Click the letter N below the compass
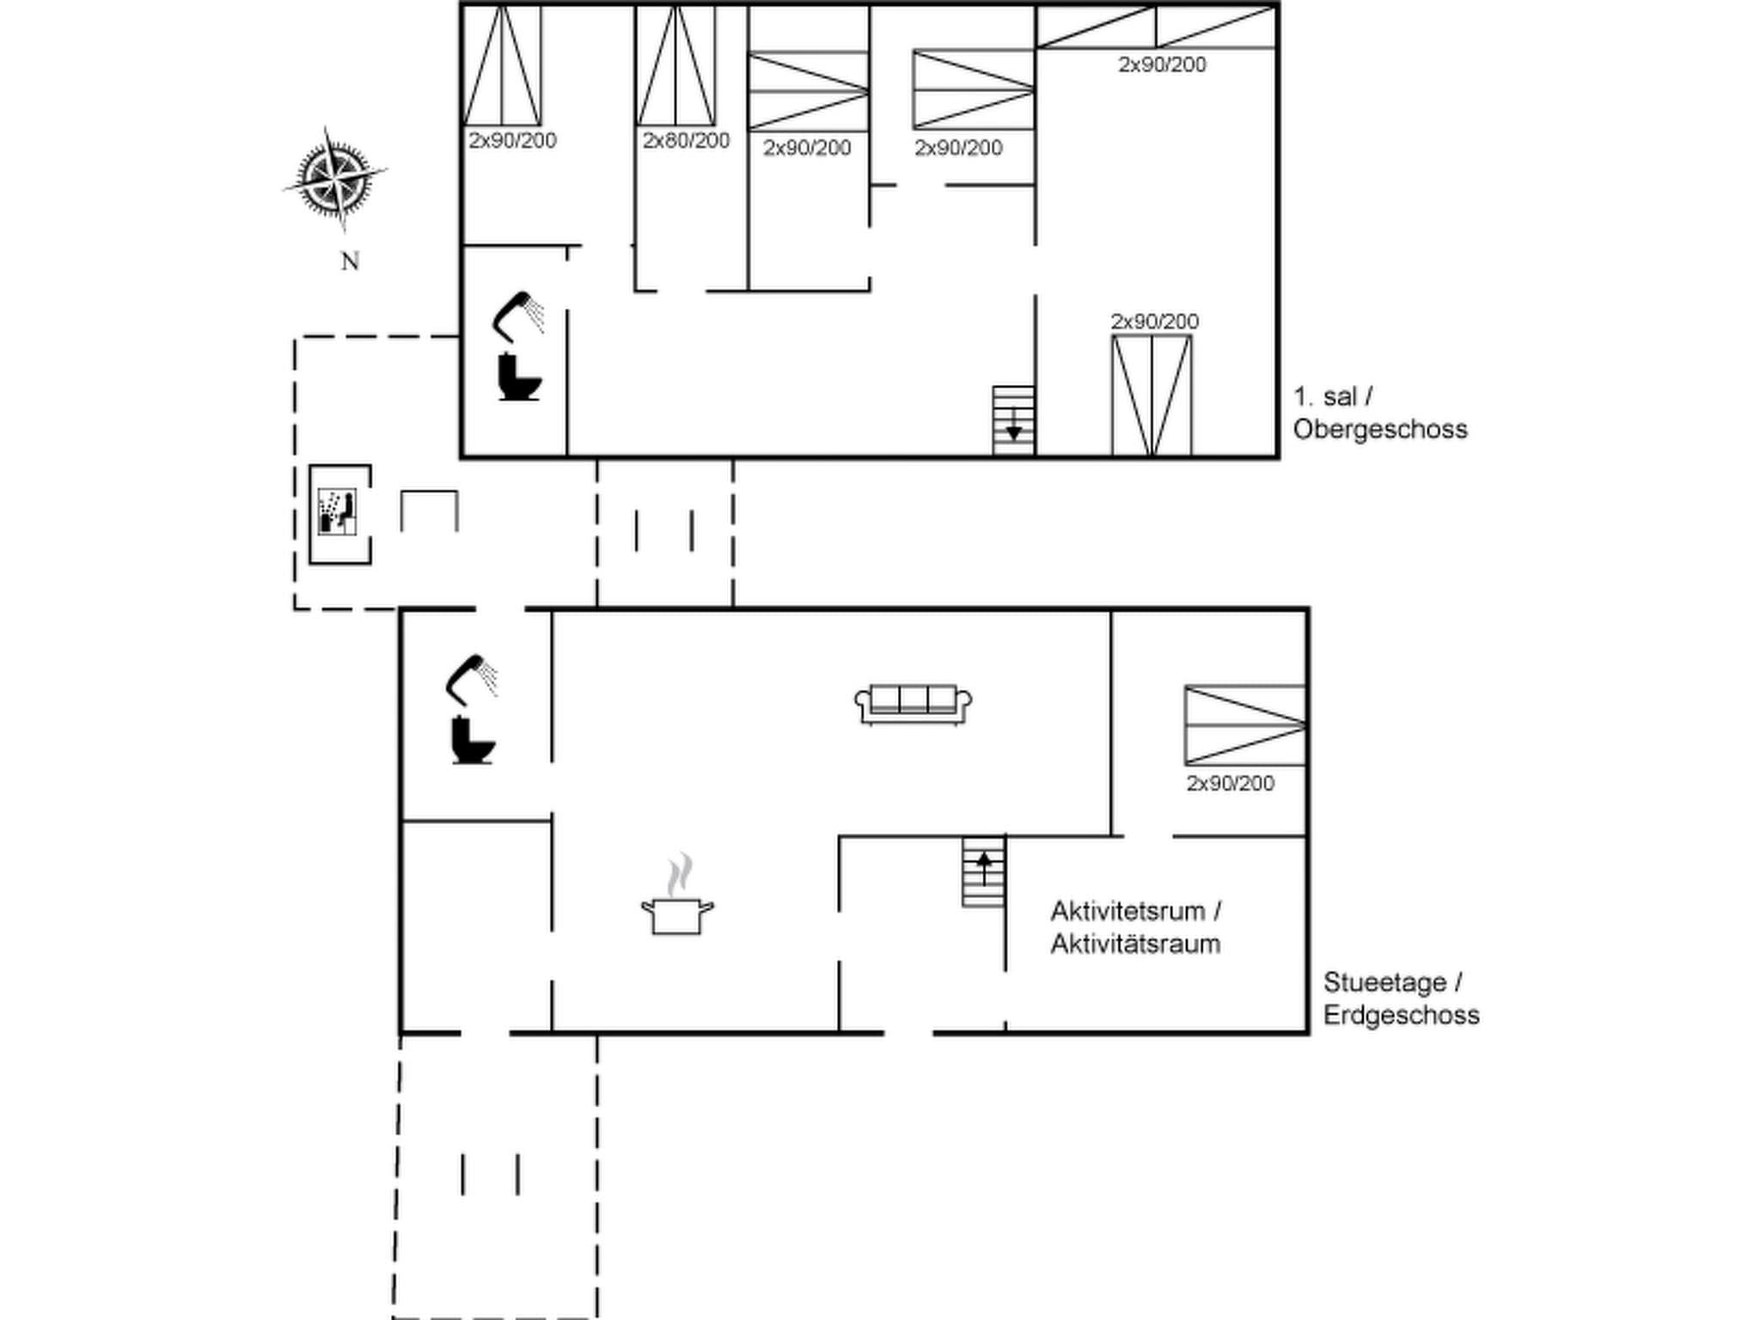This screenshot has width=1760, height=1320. [349, 261]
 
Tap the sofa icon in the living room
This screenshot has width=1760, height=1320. [913, 704]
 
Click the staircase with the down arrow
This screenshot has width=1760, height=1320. [1013, 419]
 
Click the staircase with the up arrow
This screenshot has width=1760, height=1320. [983, 871]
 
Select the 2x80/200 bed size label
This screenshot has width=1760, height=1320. [686, 141]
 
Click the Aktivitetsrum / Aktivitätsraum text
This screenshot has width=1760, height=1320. [1135, 927]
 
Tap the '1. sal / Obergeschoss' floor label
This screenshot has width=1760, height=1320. [1378, 412]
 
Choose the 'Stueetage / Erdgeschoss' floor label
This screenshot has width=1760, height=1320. [1400, 998]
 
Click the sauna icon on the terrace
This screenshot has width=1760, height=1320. [338, 513]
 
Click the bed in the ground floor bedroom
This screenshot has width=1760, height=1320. [1244, 725]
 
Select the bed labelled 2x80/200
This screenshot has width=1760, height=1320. [675, 66]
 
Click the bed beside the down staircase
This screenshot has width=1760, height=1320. [1151, 395]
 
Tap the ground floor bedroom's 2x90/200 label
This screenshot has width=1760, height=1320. [1230, 783]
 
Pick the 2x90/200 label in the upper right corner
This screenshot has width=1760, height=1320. [1162, 64]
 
